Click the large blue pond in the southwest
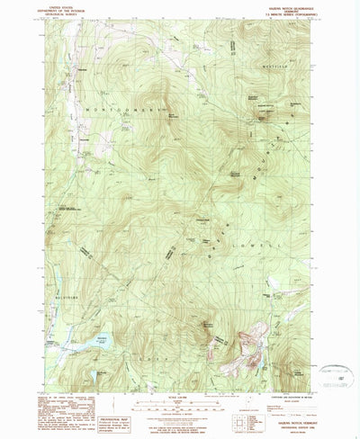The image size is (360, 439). point(96,343)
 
